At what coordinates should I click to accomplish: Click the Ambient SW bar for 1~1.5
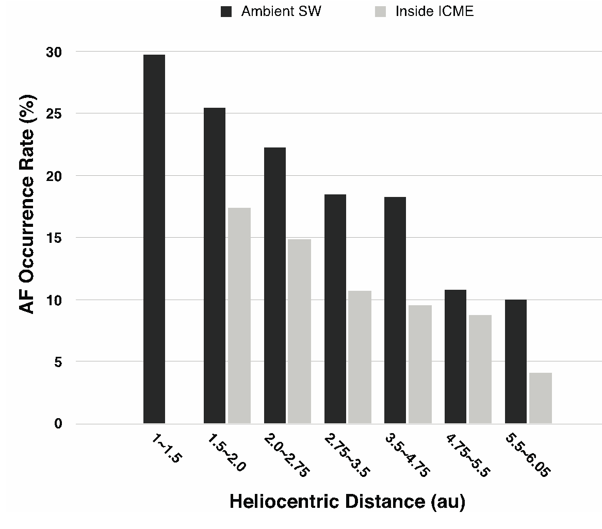point(154,239)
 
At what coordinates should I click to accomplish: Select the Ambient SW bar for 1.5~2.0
point(215,266)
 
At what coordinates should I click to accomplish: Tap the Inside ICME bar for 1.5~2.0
point(239,316)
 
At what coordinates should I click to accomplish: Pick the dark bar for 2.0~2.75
point(275,286)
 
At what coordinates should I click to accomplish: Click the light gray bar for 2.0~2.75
point(300,332)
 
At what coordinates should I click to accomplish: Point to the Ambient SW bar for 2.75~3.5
point(335,309)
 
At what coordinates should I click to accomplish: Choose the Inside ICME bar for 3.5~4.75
point(420,364)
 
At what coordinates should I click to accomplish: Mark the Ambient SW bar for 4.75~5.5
point(455,357)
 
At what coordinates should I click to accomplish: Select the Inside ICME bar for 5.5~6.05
point(541,398)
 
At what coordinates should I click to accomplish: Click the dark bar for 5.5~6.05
point(516,361)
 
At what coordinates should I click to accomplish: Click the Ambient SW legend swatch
point(226,11)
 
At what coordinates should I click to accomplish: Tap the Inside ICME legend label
point(434,11)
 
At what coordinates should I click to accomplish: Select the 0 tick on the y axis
point(58,424)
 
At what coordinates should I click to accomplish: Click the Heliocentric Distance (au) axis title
point(347,502)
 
